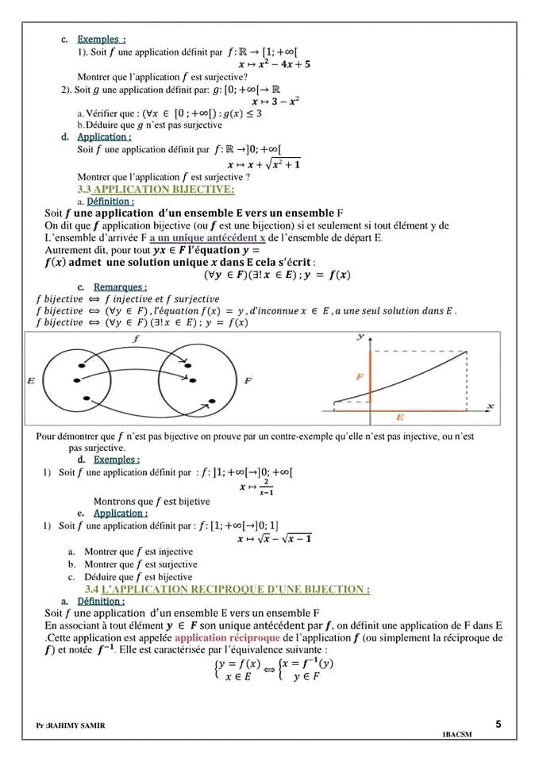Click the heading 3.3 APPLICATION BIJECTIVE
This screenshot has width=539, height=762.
[156, 189]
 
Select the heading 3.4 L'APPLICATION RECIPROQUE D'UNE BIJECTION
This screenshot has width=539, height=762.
[227, 589]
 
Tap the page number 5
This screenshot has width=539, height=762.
[498, 724]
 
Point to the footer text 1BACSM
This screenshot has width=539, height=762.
[456, 734]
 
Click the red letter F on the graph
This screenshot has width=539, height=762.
[360, 376]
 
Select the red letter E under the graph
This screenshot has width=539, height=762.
[399, 417]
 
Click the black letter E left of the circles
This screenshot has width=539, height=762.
[31, 381]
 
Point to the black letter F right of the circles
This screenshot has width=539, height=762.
[248, 381]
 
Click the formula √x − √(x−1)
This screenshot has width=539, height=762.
[275, 539]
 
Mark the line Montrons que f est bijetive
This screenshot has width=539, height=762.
[152, 501]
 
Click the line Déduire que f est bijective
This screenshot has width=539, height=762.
[138, 577]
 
